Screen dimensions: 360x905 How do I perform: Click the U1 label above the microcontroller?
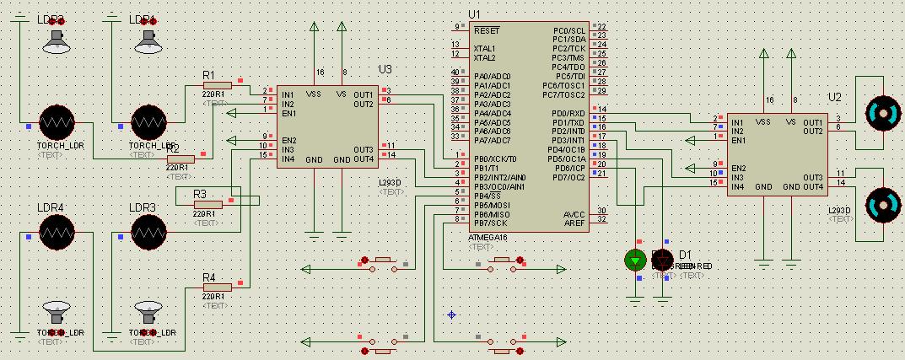(x=474, y=14)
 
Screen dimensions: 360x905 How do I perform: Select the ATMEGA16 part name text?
(x=488, y=237)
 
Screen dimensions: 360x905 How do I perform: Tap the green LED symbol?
(x=635, y=260)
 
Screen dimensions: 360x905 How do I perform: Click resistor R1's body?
(x=218, y=84)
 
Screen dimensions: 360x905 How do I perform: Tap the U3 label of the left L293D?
(x=385, y=68)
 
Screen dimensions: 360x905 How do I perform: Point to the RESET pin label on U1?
(x=487, y=30)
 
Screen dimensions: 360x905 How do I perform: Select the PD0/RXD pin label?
(x=568, y=113)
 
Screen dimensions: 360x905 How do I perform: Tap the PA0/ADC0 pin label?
(x=492, y=76)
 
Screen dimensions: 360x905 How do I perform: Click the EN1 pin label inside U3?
(x=288, y=113)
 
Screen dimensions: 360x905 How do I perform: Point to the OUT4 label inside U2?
(x=813, y=186)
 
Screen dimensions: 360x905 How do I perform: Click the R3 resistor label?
(x=200, y=194)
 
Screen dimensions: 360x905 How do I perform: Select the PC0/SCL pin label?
(x=570, y=30)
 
